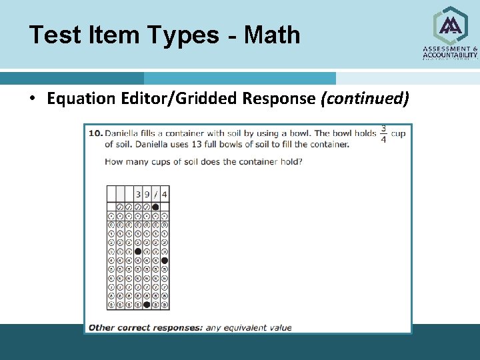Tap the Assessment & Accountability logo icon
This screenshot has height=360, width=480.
(451, 25)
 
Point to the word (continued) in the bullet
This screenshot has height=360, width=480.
(365, 99)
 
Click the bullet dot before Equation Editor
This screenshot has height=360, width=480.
(32, 99)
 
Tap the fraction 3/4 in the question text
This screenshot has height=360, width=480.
(383, 134)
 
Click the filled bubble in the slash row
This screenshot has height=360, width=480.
(155, 207)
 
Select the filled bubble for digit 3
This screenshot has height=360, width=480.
(138, 251)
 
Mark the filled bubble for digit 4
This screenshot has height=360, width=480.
(164, 261)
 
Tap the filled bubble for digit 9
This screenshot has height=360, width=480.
(147, 305)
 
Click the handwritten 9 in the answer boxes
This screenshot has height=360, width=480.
(147, 195)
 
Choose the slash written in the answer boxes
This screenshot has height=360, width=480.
(155, 195)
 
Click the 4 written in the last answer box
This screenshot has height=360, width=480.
(164, 195)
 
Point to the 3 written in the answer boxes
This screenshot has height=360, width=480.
(138, 195)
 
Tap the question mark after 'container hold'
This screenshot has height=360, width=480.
(300, 161)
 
